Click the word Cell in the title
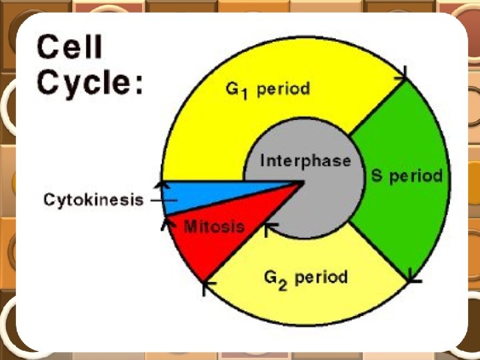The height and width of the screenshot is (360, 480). coord(70,48)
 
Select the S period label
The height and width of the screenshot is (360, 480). coord(407,176)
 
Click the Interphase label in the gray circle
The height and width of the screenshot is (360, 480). coord(305,161)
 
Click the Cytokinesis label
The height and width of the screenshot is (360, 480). coord(94,199)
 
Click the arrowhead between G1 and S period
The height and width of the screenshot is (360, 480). coord(402,77)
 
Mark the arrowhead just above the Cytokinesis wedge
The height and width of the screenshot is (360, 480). coord(160,184)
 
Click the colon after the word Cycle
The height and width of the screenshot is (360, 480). coord(137,87)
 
